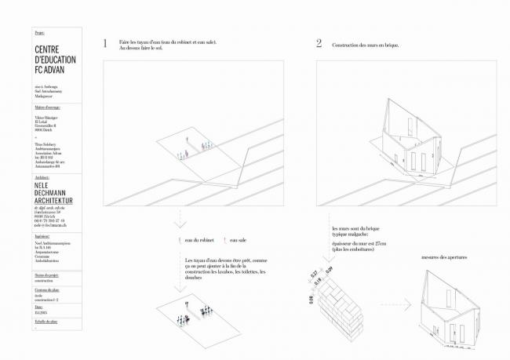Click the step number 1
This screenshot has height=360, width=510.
pyautogui.click(x=105, y=44)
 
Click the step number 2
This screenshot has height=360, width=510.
pyautogui.click(x=319, y=44)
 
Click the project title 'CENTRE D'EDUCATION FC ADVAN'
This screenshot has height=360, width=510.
pyautogui.click(x=53, y=60)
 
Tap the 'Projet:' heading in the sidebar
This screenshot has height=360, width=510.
pyautogui.click(x=41, y=33)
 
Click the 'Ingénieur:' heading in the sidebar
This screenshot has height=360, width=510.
pyautogui.click(x=43, y=235)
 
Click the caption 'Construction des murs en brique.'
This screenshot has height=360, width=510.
pyautogui.click(x=366, y=45)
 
